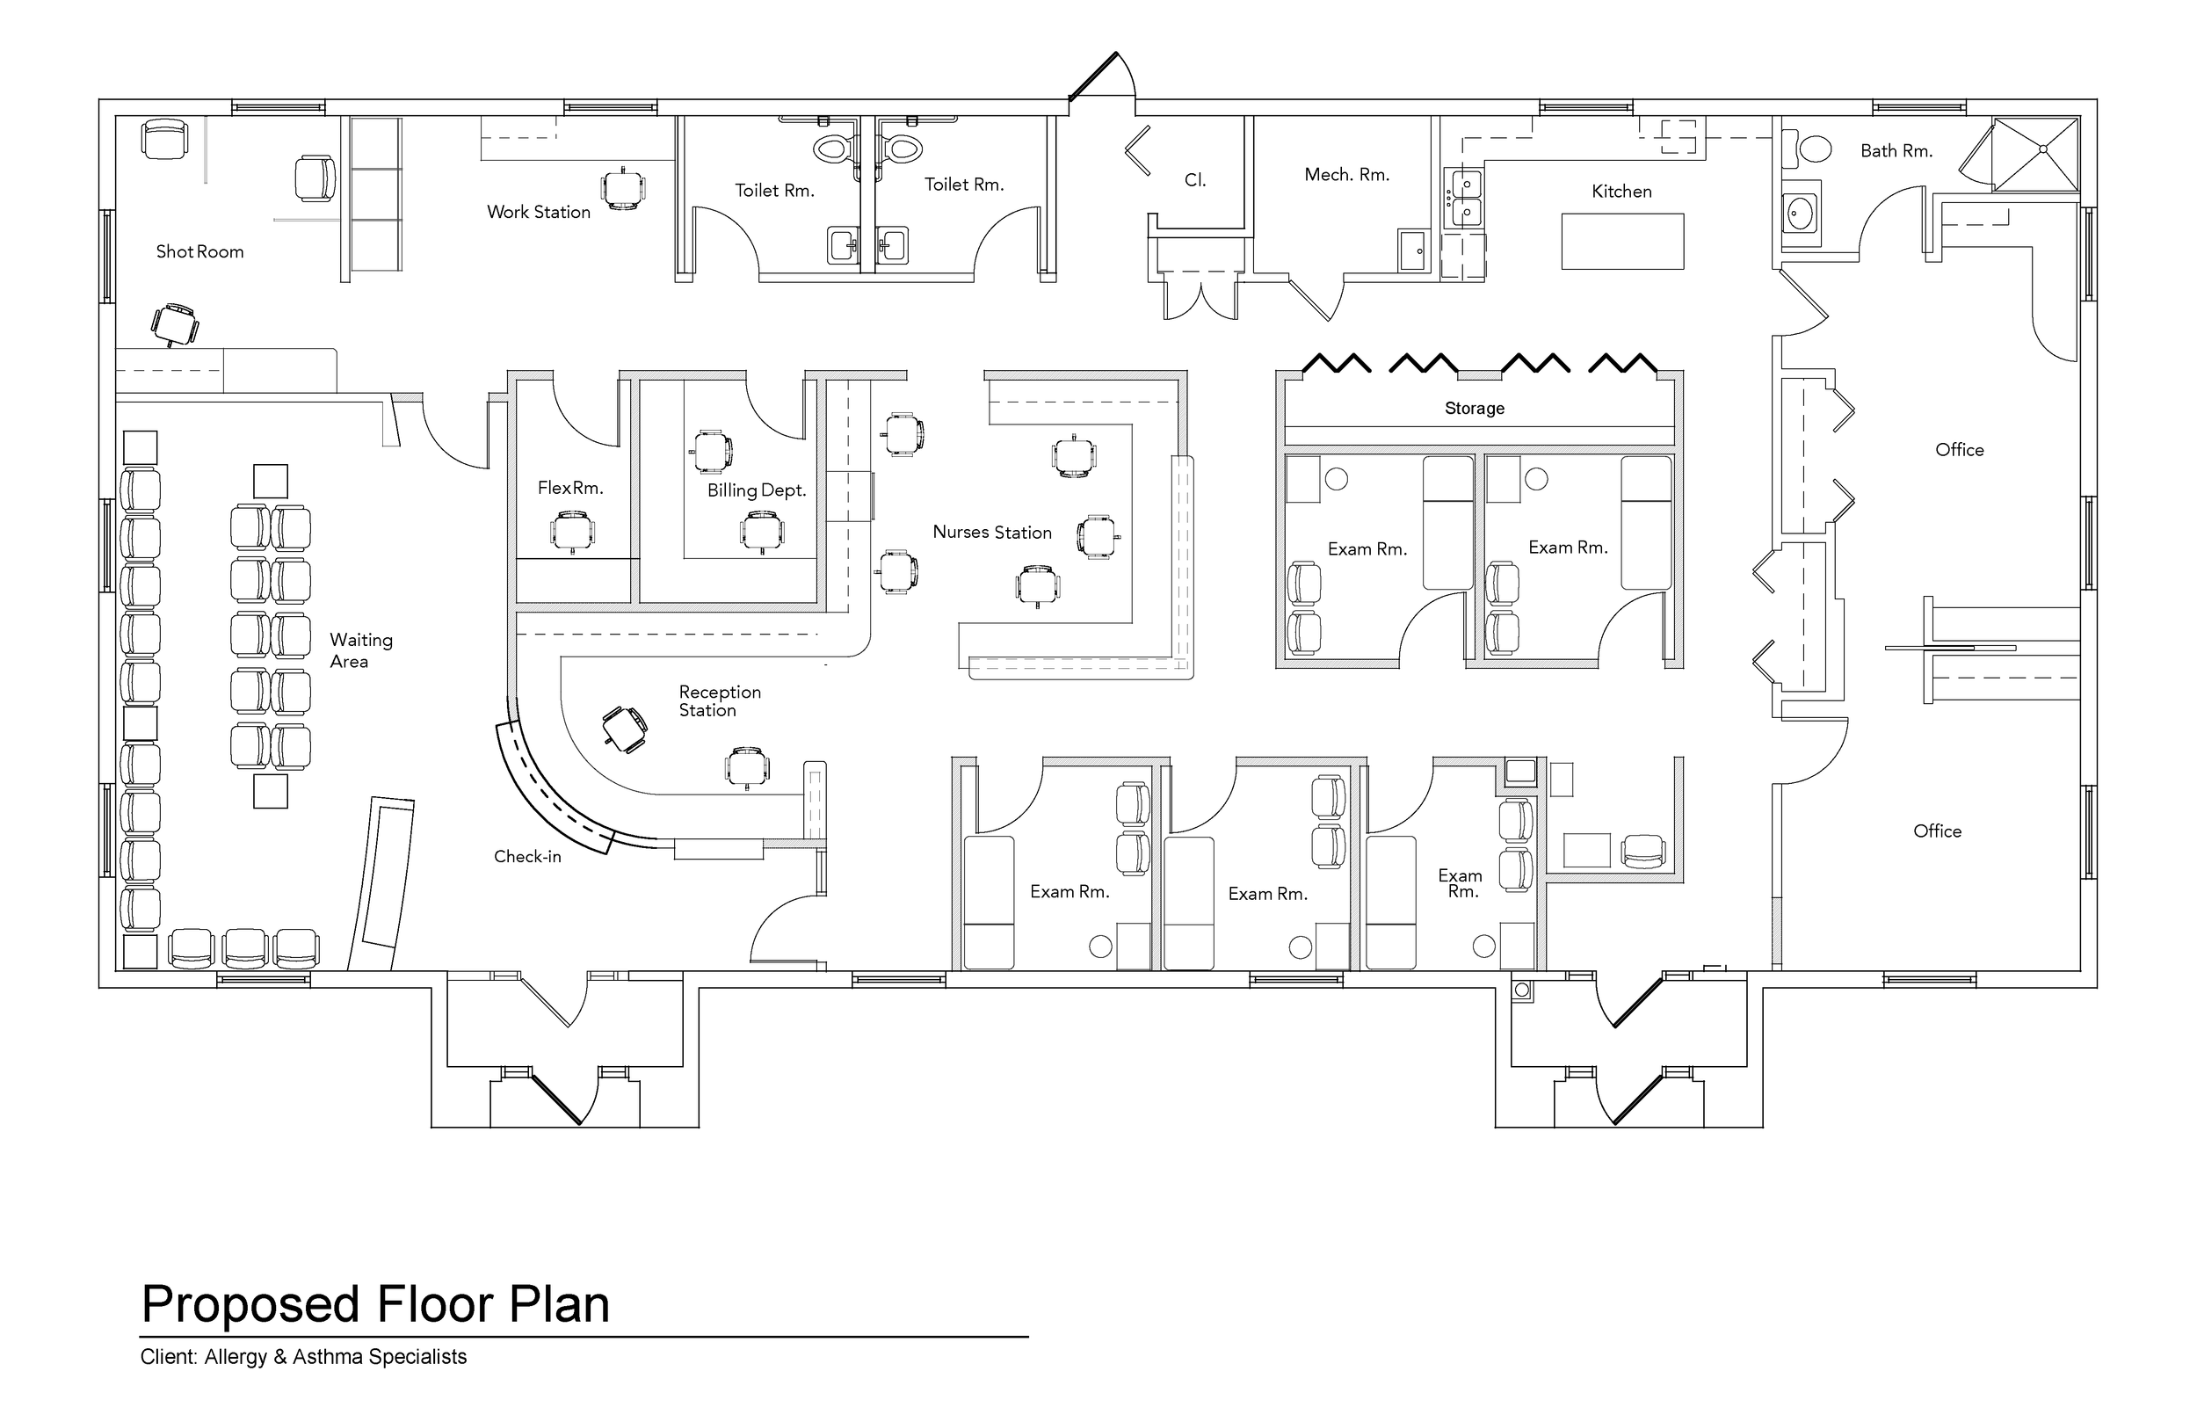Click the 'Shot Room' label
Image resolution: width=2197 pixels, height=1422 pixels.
199,252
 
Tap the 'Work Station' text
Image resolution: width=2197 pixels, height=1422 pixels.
538,213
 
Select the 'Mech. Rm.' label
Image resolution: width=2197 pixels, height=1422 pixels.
1346,176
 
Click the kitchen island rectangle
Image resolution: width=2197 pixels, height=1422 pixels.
1622,241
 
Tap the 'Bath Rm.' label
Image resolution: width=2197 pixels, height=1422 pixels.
1896,151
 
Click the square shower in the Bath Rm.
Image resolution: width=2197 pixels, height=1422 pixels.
2035,154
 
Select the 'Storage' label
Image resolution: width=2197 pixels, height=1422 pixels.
1475,408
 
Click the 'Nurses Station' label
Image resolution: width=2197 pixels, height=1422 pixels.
991,533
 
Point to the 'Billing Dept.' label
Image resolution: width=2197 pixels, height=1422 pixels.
757,491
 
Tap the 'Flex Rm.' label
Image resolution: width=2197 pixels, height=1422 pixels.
570,489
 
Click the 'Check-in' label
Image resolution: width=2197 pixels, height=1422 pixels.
527,857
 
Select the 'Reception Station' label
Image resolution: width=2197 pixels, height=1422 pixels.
719,700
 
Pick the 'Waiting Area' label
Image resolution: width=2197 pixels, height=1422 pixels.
361,650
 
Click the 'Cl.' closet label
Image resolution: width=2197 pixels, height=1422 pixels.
1194,181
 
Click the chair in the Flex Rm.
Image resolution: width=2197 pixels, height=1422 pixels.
572,533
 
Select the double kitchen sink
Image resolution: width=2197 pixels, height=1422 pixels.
1465,198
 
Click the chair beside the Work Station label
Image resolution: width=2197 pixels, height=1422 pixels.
623,189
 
